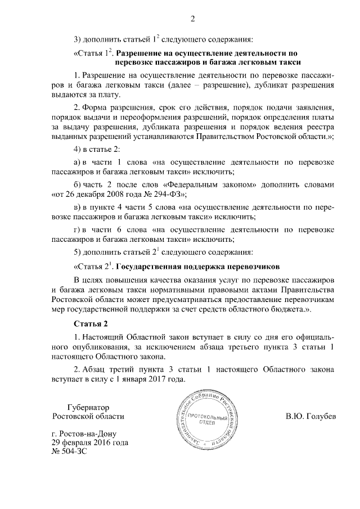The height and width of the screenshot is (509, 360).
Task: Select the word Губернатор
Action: (x=88, y=407)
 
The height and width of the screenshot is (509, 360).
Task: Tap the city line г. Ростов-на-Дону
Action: (x=88, y=434)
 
